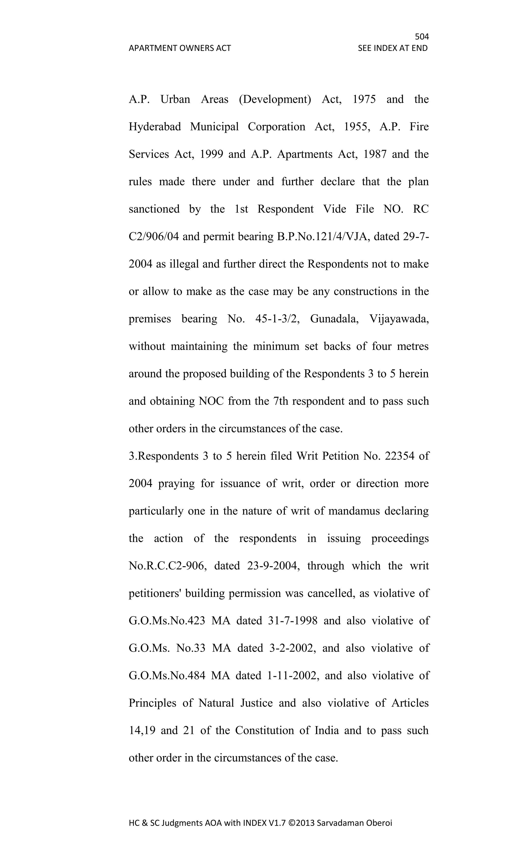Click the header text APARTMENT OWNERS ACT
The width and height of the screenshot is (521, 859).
[180, 48]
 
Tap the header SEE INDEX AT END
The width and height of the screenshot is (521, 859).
[393, 48]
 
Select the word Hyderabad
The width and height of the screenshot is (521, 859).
[155, 127]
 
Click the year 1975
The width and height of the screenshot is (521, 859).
[364, 99]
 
